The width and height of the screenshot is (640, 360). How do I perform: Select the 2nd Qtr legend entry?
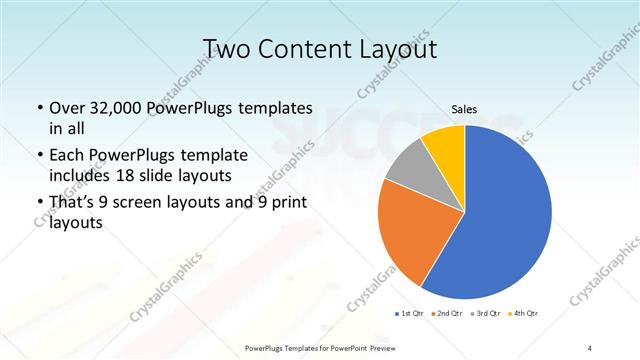click(x=449, y=314)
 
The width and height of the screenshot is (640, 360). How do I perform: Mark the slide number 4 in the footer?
click(x=590, y=347)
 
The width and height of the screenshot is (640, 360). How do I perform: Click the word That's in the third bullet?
click(x=73, y=205)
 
